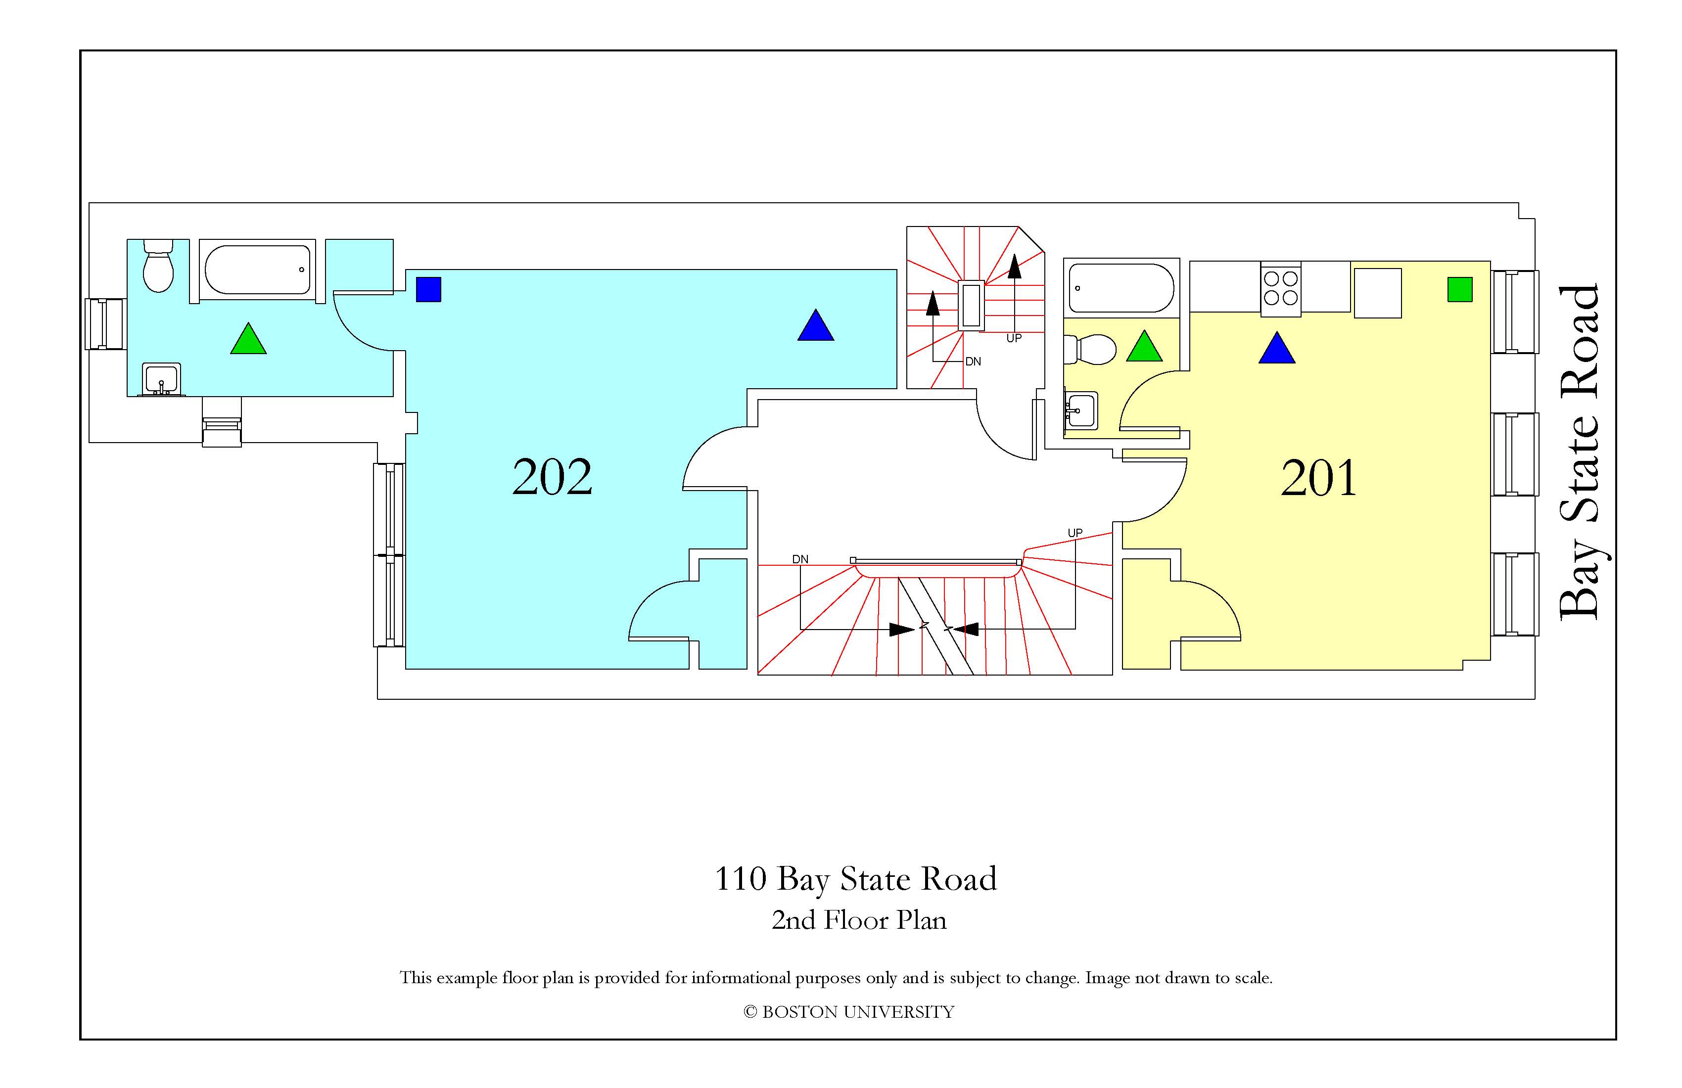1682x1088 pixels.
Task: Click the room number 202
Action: pyautogui.click(x=552, y=478)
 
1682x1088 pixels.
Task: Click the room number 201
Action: pyautogui.click(x=1319, y=478)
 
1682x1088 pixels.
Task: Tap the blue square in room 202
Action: pyautogui.click(x=428, y=290)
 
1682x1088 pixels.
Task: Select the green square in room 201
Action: pyautogui.click(x=1459, y=290)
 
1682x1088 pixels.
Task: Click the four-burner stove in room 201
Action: pyautogui.click(x=1281, y=288)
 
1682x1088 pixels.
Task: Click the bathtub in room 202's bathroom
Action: pyautogui.click(x=258, y=269)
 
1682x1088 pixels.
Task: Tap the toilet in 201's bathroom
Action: pyautogui.click(x=1090, y=350)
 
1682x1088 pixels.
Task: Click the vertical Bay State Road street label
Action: pyautogui.click(x=1578, y=453)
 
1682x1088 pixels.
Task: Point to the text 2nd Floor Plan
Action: pyautogui.click(x=859, y=920)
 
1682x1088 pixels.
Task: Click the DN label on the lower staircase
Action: pyautogui.click(x=800, y=559)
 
